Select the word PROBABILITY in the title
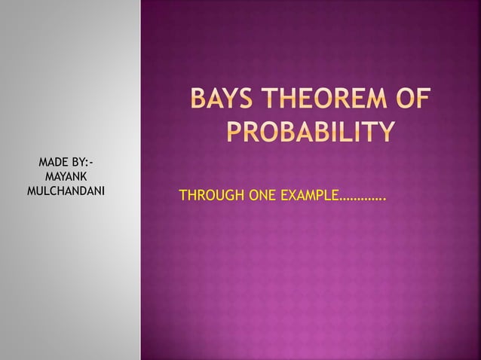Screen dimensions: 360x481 (x=310, y=133)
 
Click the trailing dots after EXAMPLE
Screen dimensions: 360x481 (x=363, y=200)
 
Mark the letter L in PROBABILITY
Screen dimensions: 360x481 (x=352, y=133)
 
